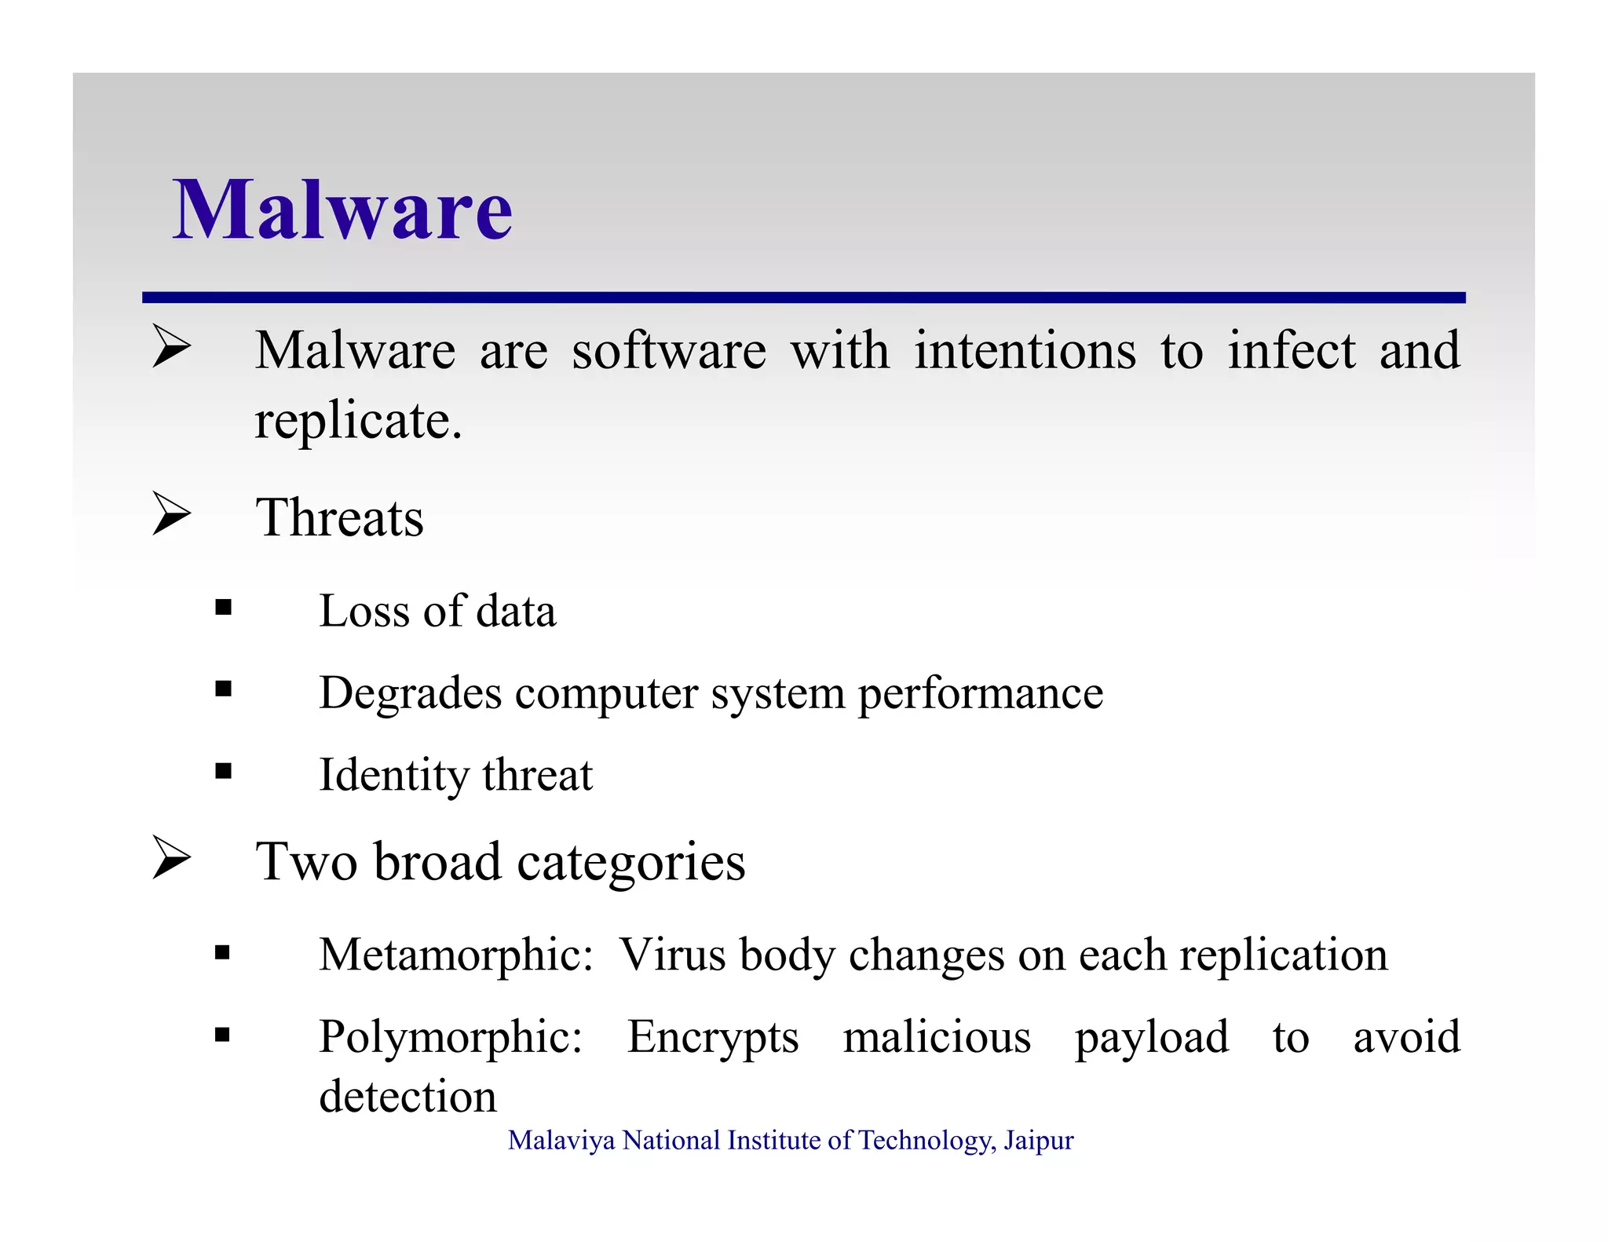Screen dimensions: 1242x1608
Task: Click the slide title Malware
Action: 342,210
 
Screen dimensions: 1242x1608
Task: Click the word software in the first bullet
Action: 668,351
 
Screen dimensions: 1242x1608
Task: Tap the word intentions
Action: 1025,351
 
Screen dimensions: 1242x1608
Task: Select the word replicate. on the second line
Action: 359,422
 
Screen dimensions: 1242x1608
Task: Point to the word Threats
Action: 339,518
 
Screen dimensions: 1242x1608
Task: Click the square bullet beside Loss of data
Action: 224,607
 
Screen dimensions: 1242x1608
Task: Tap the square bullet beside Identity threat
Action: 224,771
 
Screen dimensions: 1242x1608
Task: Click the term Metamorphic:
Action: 455,955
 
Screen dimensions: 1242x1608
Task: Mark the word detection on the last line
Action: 407,1097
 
